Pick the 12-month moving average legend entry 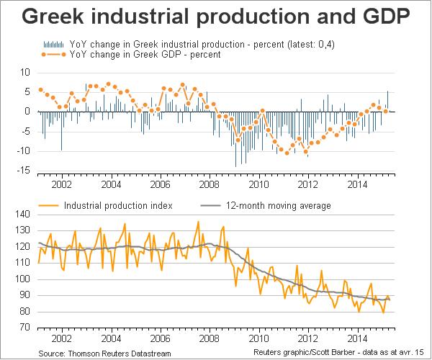[x=277, y=206]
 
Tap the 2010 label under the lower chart [x=258, y=337]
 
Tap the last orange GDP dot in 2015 [x=386, y=111]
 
